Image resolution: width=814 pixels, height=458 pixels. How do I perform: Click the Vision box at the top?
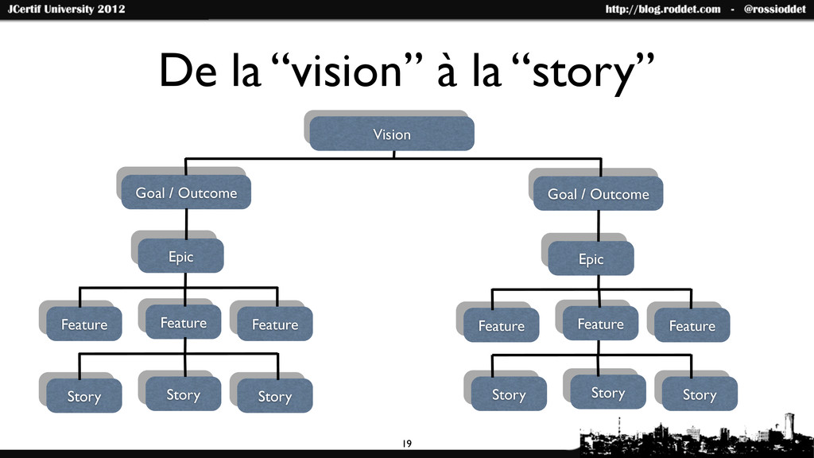392,134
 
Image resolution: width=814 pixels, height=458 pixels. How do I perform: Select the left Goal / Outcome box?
186,193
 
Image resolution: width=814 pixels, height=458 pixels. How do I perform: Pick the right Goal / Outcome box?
598,194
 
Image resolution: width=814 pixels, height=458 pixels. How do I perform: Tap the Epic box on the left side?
180,256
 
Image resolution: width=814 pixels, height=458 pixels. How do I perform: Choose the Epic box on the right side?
591,258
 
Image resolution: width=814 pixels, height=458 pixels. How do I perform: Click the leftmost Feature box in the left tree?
83,324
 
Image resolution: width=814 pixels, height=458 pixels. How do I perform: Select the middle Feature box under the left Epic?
183,322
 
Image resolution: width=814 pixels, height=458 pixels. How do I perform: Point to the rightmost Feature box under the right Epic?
692,325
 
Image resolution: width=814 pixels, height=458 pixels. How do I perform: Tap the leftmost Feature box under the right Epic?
501,325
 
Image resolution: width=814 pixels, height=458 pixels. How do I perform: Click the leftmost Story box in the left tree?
83,396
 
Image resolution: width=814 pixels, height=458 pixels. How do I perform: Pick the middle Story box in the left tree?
183,394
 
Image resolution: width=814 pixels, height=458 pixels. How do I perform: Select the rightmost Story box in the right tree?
699,394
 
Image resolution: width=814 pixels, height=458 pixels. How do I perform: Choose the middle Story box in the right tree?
607,393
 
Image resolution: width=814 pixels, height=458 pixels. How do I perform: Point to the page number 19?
407,442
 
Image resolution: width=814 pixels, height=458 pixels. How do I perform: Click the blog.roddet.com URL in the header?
663,10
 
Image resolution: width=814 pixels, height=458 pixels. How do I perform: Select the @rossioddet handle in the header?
774,10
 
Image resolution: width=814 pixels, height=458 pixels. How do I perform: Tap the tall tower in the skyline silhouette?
788,425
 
